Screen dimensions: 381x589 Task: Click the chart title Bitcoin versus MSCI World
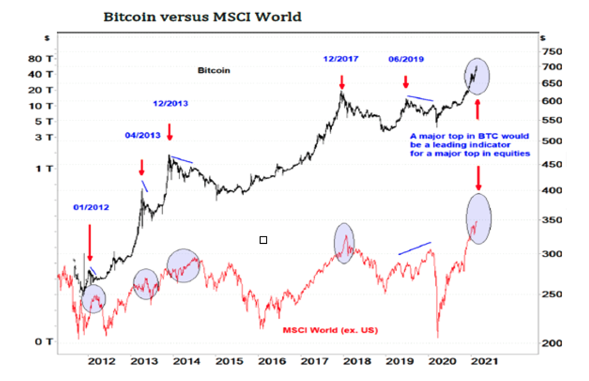202,17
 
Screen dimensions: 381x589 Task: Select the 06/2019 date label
406,59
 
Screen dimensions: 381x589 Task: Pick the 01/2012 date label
91,207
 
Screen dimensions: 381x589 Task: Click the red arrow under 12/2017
342,82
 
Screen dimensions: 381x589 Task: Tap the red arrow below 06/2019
405,82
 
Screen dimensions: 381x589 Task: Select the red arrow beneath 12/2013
169,131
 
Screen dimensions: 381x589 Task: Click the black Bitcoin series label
214,70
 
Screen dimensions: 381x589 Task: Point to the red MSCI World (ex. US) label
330,330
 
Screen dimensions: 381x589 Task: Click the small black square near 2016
263,239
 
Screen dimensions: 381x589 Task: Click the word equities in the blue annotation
513,154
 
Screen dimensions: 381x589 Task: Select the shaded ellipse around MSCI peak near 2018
344,243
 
